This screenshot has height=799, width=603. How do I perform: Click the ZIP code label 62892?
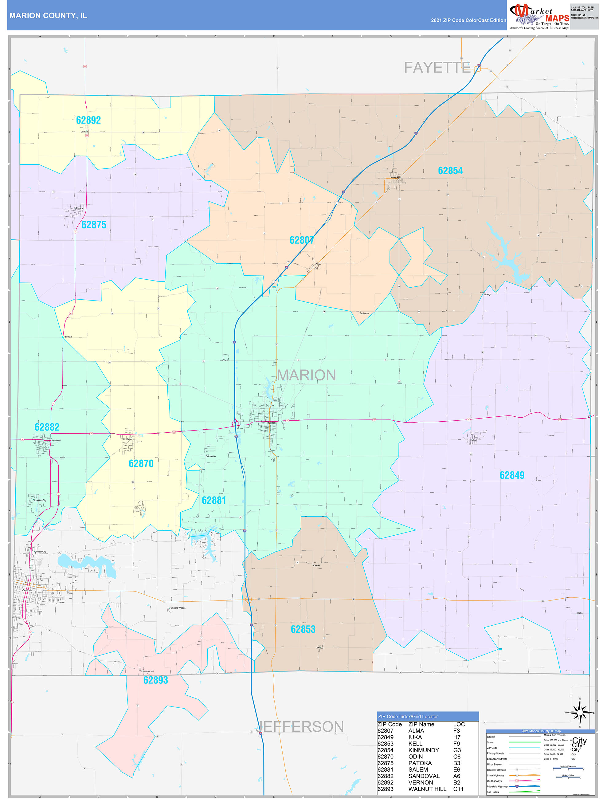point(88,120)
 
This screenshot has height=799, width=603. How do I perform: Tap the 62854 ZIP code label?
point(450,171)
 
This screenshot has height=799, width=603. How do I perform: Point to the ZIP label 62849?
point(512,475)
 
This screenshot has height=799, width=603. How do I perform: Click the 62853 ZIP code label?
point(303,629)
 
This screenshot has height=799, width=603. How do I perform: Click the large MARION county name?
point(306,375)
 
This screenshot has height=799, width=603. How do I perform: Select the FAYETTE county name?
point(437,68)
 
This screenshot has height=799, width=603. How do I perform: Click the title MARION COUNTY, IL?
point(48,16)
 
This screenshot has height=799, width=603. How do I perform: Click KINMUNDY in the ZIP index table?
point(424,750)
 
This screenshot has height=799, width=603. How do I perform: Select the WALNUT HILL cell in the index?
point(427,789)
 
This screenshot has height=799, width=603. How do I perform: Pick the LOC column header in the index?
point(459,724)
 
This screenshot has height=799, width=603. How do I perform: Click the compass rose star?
point(580,713)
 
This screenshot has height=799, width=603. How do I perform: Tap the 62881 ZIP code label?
point(214,501)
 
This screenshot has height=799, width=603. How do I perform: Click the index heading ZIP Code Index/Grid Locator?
point(408,717)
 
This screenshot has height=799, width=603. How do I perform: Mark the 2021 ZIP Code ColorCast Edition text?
point(468,21)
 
